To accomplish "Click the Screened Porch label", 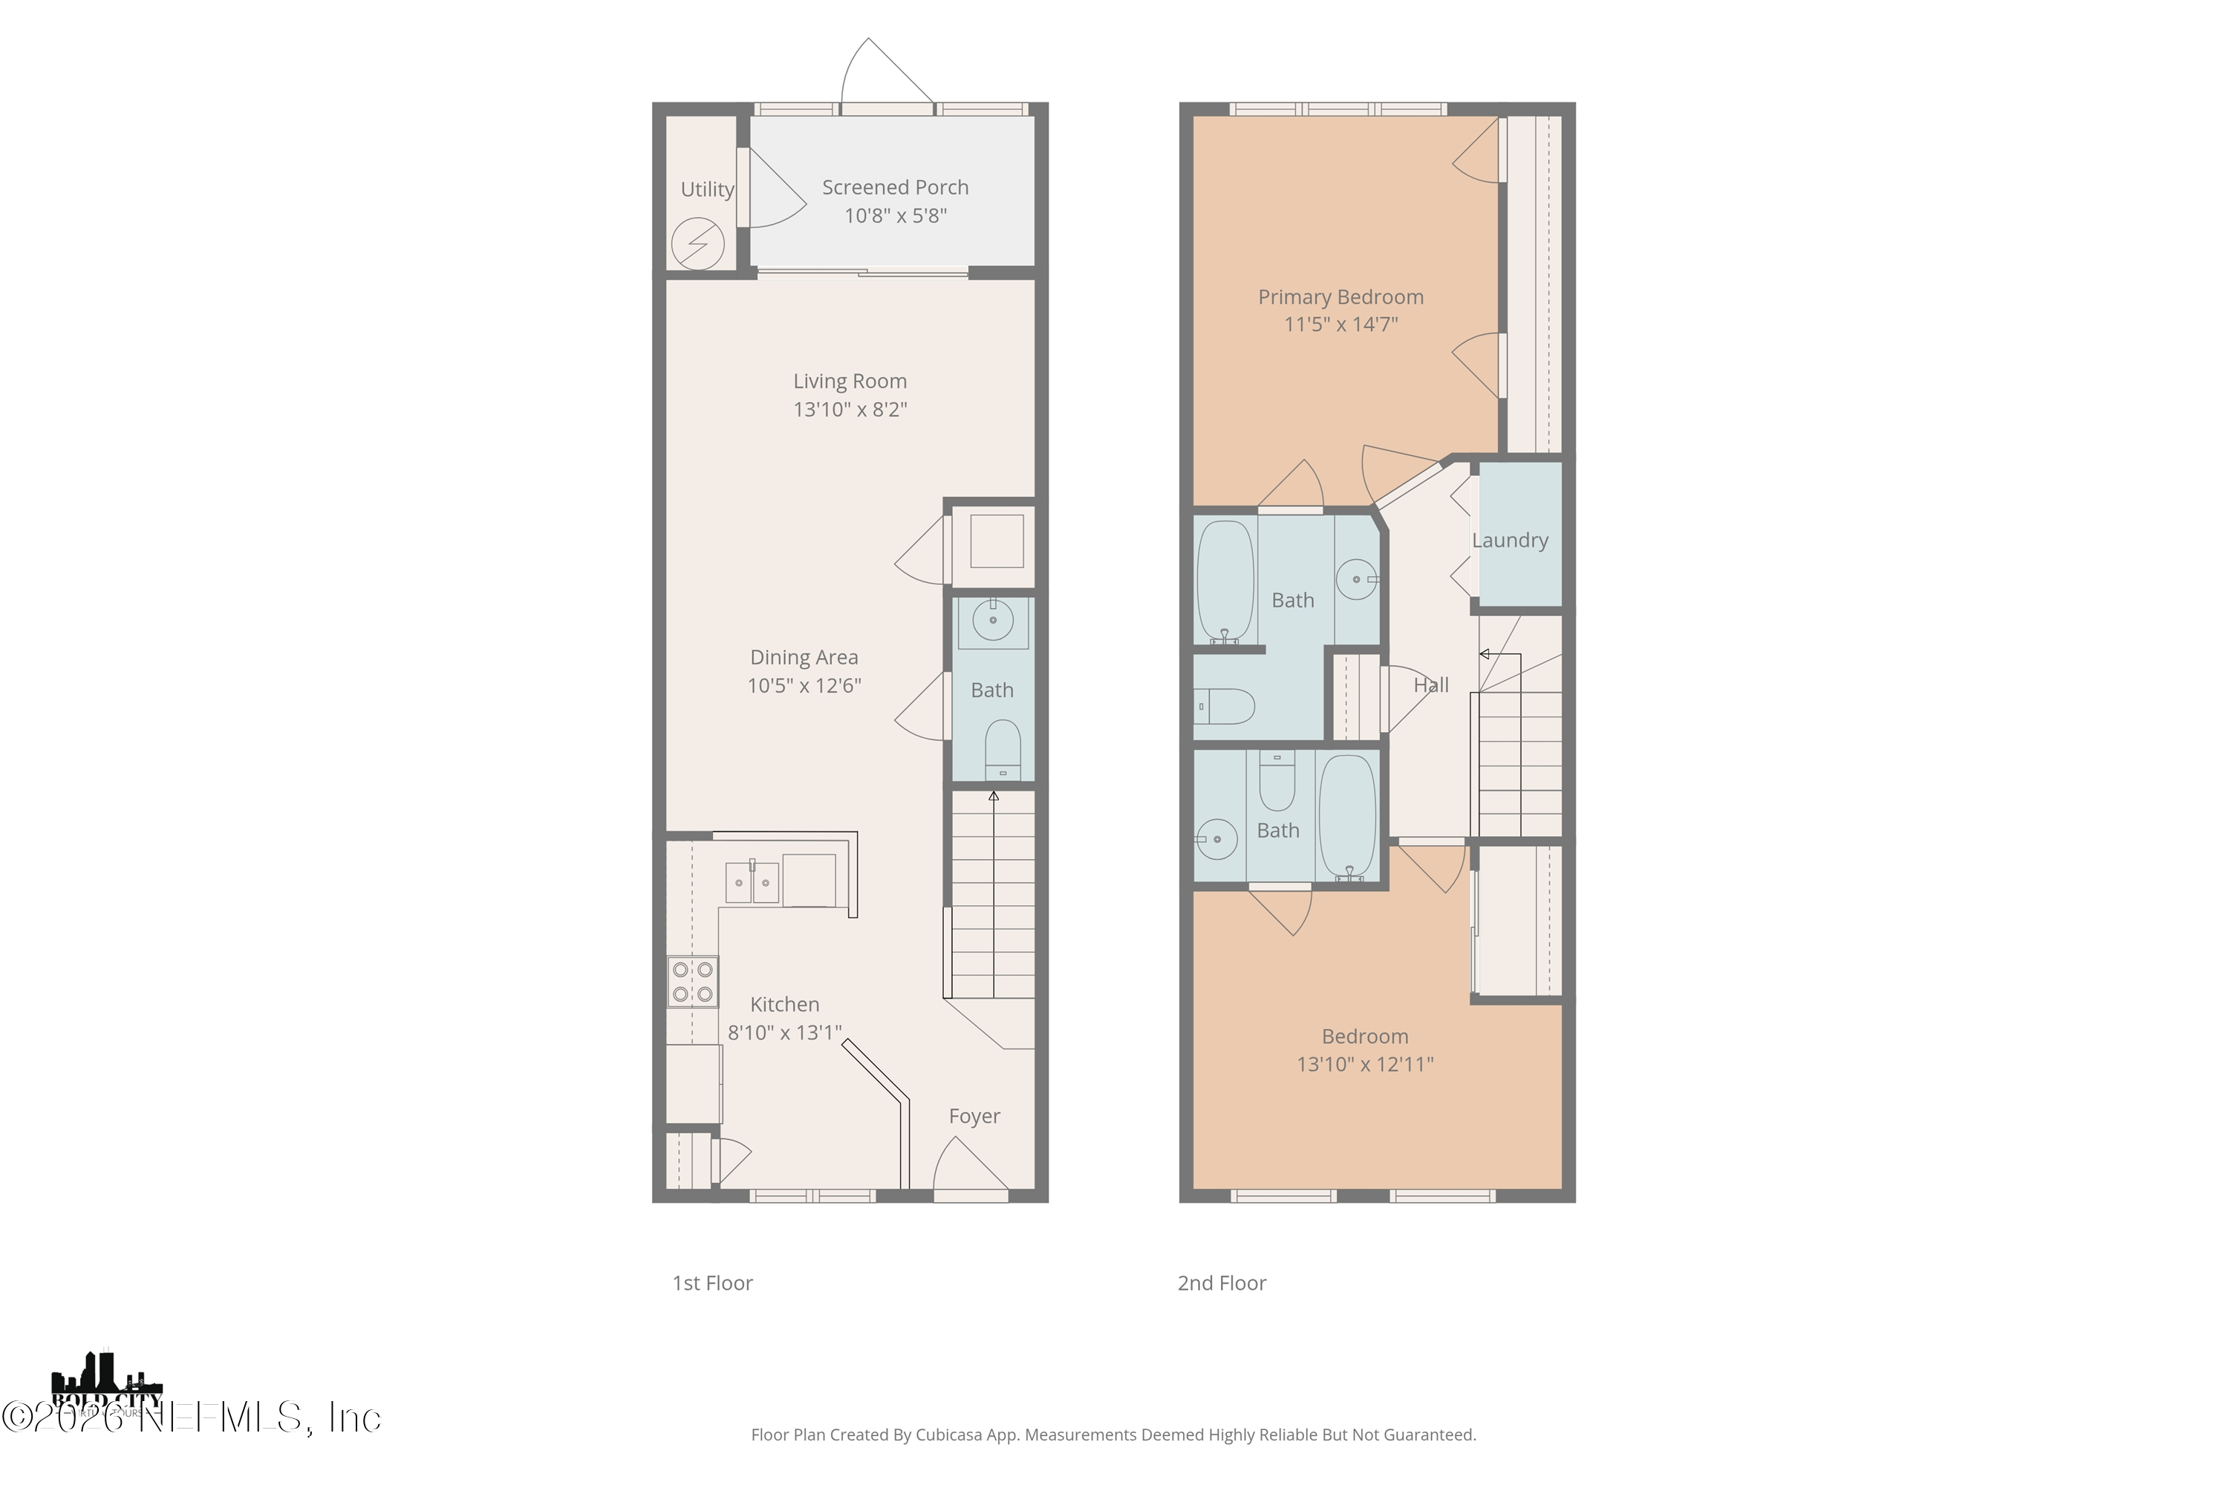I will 894,188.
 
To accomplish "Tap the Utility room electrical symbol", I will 698,244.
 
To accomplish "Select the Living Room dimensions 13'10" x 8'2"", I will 850,409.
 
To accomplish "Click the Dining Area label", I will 804,657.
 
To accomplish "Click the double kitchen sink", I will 752,883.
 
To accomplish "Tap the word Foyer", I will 974,1117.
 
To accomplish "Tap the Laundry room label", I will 1509,541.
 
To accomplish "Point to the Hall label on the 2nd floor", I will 1430,685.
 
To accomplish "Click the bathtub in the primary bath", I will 1225,581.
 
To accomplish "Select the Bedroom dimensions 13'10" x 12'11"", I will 1364,1065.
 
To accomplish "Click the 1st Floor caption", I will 712,1283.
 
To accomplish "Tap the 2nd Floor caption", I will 1221,1283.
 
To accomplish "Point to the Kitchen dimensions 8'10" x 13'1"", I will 784,1032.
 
